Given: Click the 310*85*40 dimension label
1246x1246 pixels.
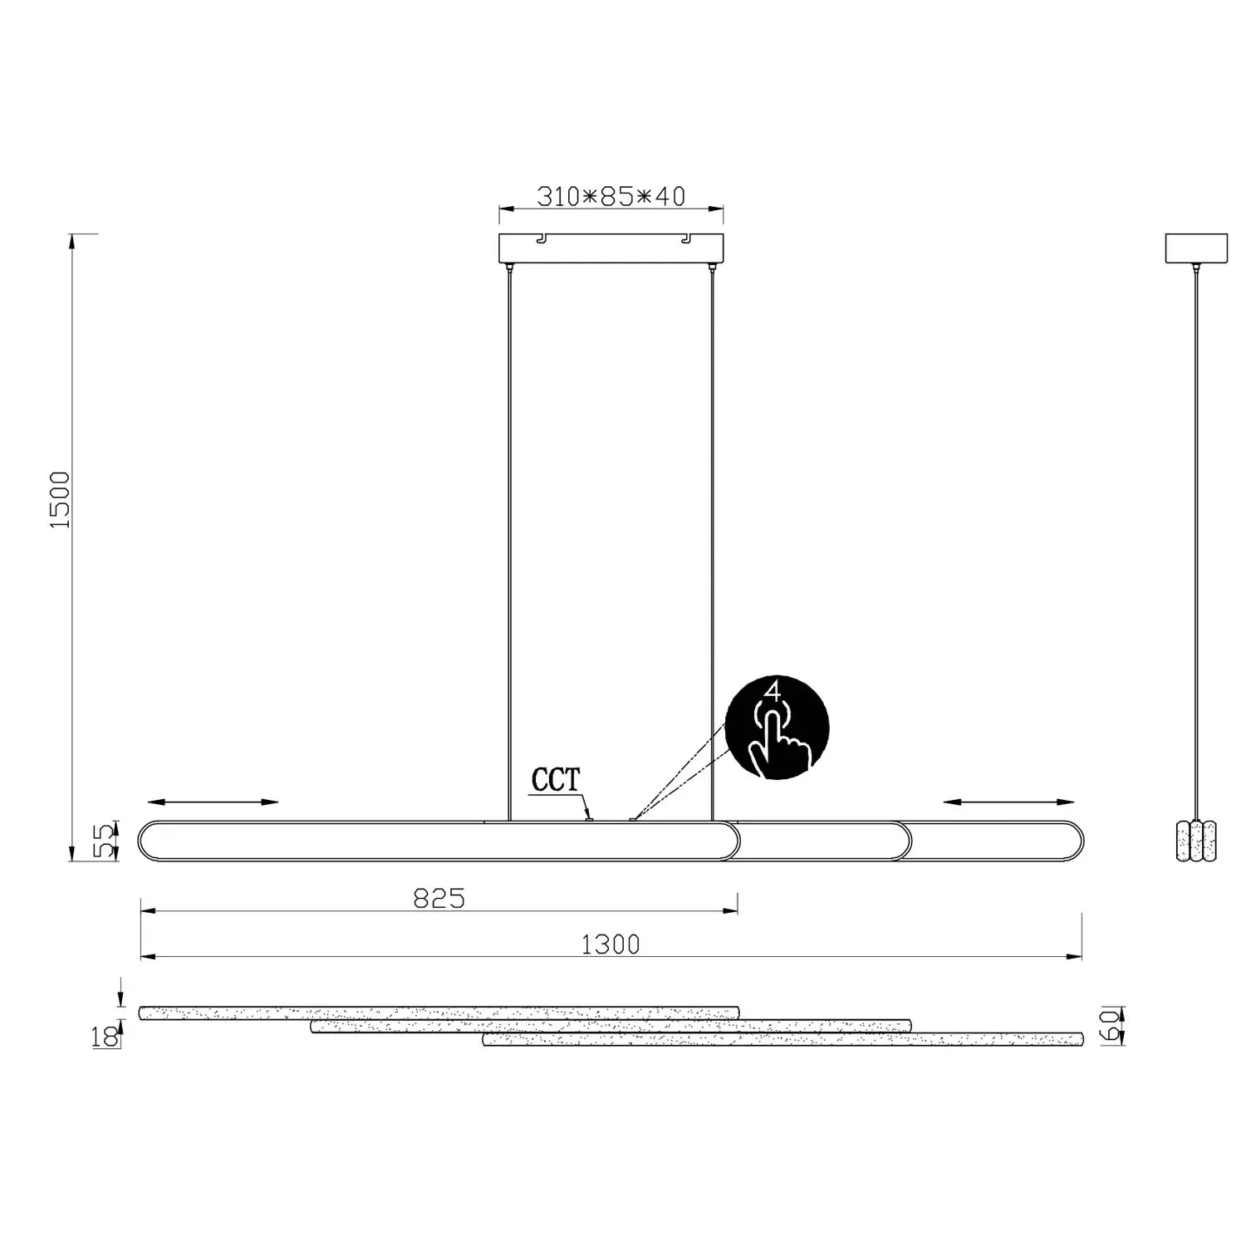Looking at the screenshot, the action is coord(611,197).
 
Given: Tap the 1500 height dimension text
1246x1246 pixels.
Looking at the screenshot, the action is coord(61,500).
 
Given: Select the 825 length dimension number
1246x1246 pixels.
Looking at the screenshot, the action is coord(439,898).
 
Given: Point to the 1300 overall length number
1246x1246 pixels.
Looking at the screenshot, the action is coord(611,944).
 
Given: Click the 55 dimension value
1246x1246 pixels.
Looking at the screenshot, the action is coord(103,840).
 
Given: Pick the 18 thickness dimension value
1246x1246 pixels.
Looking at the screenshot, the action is coord(105,1037).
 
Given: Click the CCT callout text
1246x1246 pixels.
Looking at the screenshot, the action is coord(556,780).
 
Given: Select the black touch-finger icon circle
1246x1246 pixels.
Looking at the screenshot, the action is coord(777,727).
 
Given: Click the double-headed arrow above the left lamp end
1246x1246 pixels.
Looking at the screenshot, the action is coord(213,802).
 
